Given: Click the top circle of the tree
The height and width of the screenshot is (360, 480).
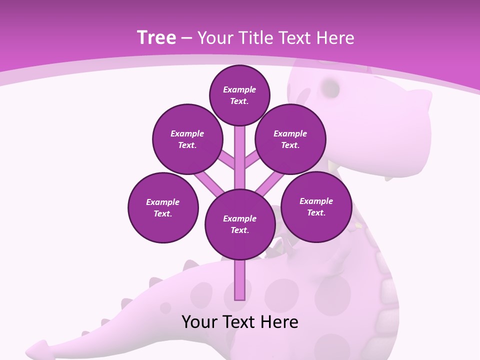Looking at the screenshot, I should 239,95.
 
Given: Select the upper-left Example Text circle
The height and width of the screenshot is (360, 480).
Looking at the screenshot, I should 187,139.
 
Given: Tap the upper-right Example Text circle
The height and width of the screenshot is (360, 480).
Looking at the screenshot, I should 290,139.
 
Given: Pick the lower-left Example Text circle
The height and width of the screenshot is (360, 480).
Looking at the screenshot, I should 163,207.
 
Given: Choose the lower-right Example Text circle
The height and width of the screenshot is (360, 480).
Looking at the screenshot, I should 316,206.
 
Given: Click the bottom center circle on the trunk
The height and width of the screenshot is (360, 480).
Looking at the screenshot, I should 240,224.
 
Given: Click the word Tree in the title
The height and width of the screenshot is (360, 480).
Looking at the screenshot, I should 156,38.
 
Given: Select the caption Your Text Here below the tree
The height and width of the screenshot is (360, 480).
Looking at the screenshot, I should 240,322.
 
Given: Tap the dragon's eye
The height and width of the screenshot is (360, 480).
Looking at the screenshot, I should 330,88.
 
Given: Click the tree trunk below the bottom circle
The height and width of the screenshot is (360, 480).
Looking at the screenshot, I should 240,280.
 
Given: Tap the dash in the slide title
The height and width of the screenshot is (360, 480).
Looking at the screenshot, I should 186,38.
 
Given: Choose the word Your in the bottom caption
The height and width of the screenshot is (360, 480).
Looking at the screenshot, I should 199,322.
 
